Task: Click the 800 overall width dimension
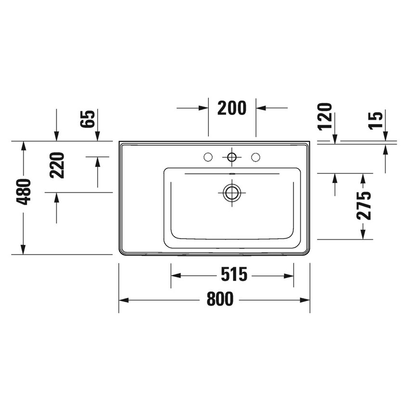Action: coord(220,299)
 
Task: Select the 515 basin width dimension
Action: coord(234,275)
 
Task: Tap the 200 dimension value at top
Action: coord(231,108)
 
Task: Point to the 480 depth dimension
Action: coord(25,192)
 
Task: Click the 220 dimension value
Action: coord(57,165)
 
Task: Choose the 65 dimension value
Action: coord(88,118)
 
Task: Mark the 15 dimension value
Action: coord(376,119)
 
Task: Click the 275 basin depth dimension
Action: coord(365,205)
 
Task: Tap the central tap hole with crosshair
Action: coord(232,156)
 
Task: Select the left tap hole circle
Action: coord(208,156)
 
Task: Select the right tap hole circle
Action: coord(256,156)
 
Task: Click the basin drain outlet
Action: coord(231,192)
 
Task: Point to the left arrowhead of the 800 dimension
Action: coord(124,300)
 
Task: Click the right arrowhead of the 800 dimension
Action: coord(305,300)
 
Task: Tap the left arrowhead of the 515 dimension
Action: coord(176,276)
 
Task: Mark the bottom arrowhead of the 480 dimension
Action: coord(23,249)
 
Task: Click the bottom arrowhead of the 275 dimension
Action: coord(363,234)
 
